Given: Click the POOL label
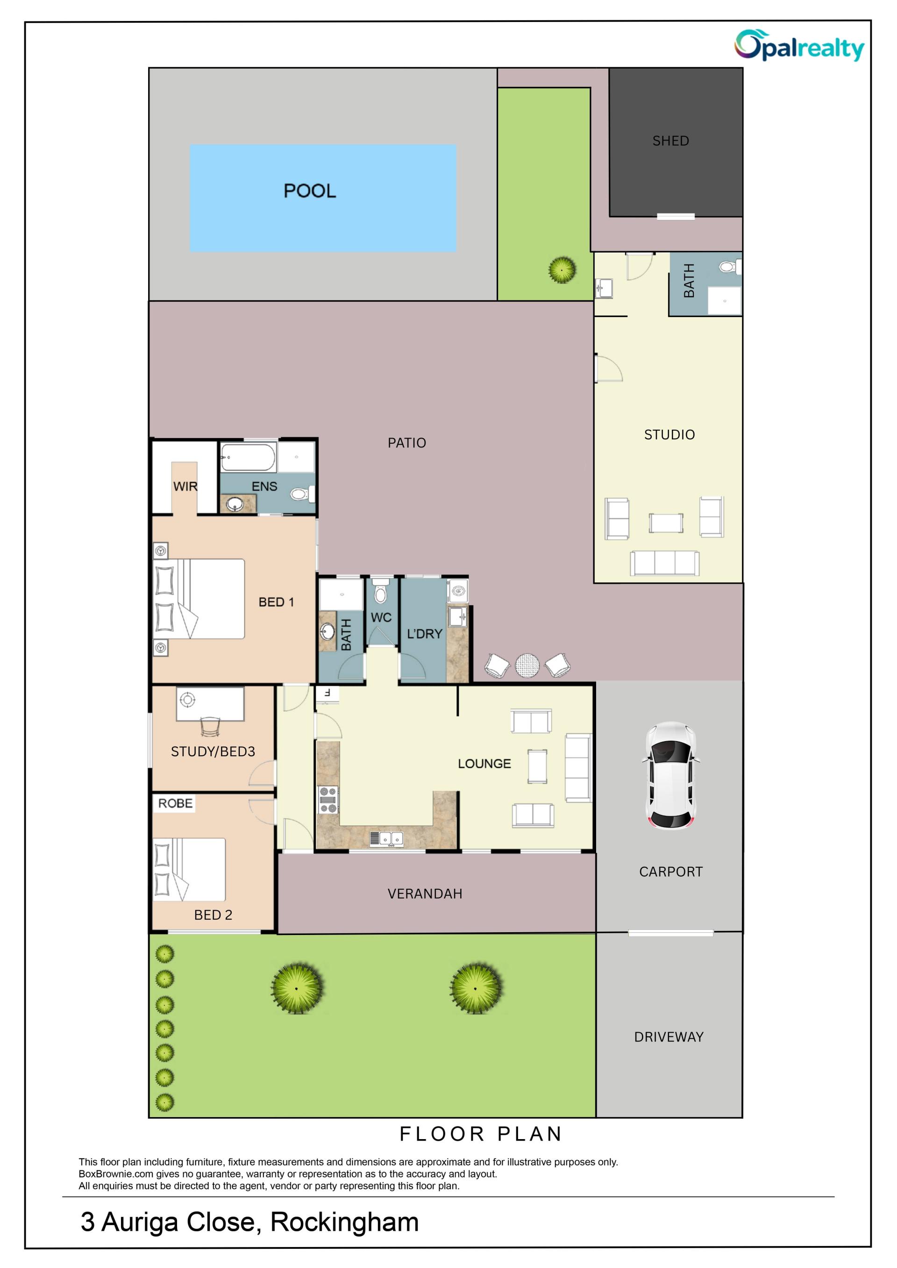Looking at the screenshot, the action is click(309, 191).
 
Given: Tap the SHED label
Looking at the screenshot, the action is click(670, 141).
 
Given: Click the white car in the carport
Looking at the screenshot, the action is click(670, 775).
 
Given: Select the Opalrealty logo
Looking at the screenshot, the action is click(799, 45).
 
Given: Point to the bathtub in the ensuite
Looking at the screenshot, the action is click(248, 457).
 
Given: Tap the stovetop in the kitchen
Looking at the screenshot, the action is click(327, 800).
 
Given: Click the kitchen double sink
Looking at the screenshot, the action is click(387, 839).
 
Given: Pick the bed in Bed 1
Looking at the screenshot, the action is click(199, 599).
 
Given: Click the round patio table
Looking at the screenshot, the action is click(527, 666).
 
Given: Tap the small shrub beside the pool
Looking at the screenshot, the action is click(562, 270).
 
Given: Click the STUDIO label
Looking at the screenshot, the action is click(669, 435).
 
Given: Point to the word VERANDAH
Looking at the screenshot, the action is click(425, 893).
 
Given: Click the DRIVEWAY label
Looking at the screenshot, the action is click(669, 1037).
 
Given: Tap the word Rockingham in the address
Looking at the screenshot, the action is click(344, 1222).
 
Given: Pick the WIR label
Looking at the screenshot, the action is click(185, 487).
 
